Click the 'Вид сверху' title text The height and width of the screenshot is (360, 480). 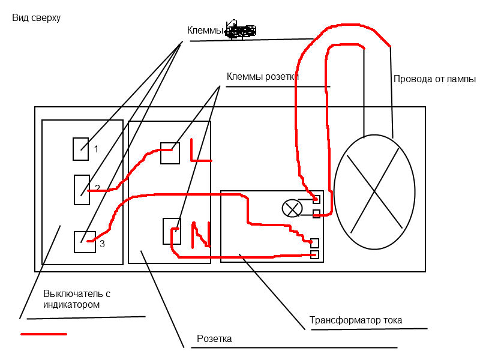point(36,18)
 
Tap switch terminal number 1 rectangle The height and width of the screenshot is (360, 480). point(80,149)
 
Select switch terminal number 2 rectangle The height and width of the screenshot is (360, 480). point(81,190)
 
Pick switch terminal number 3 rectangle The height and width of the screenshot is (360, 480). point(84,241)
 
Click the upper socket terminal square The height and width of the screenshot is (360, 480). point(170,153)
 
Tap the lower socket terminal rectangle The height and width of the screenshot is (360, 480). point(172,231)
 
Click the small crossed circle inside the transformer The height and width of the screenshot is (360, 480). point(292,208)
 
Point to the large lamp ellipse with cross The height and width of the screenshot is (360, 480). point(374,191)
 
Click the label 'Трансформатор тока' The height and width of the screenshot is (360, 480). point(356,320)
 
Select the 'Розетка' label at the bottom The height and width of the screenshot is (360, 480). point(214,339)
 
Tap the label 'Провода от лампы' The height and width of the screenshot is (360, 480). point(434,79)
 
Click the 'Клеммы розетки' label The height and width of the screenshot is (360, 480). point(263,77)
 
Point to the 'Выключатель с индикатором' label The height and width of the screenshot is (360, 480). point(77,299)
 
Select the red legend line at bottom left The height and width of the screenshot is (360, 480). point(44,334)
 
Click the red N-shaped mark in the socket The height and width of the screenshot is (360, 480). point(202,235)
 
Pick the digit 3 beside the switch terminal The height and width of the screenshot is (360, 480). point(103,244)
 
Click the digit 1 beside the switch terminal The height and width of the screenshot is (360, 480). point(96,149)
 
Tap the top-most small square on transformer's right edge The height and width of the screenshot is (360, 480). point(316,199)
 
